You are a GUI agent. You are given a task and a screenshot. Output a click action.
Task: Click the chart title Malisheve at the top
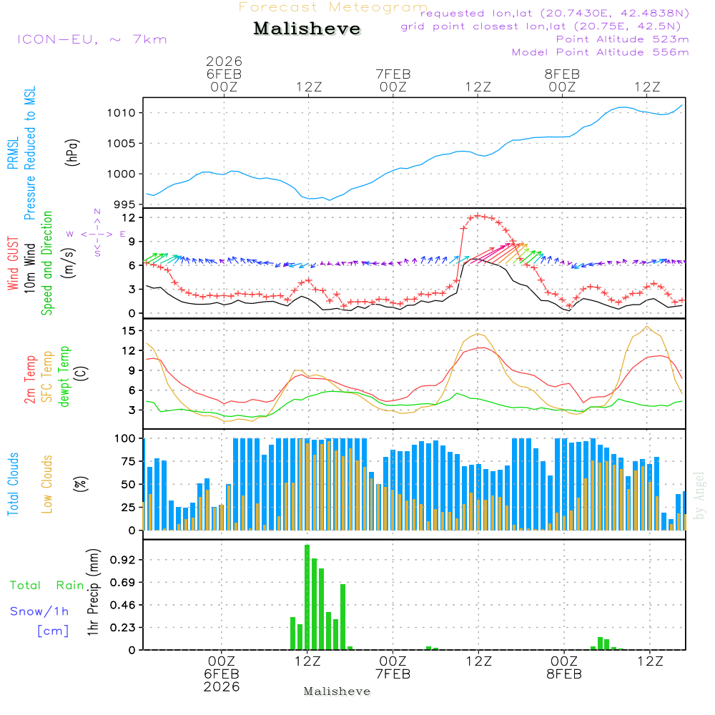(307, 29)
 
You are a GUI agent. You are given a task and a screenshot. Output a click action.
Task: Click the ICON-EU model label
(92, 39)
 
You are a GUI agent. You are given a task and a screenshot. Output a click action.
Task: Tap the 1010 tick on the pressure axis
(123, 113)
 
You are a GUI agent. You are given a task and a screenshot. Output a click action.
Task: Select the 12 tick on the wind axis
(129, 217)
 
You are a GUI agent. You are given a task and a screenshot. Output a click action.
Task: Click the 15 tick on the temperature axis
(129, 330)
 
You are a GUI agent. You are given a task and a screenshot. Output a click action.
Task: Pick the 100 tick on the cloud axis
(125, 438)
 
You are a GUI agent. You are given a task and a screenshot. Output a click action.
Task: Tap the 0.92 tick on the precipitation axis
(123, 561)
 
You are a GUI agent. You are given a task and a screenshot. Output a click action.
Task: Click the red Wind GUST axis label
(14, 262)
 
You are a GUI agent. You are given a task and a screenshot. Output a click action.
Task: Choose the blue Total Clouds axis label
(14, 484)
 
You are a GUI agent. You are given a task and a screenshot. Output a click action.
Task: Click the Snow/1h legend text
(40, 611)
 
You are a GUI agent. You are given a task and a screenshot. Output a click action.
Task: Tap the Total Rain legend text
(47, 586)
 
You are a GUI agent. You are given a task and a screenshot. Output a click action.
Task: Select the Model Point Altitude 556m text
(601, 52)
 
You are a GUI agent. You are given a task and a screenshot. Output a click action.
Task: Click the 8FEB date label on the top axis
(562, 74)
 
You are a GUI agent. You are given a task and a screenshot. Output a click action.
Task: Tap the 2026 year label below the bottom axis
(222, 686)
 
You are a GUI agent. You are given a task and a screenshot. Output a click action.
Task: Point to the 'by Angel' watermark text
(699, 495)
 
